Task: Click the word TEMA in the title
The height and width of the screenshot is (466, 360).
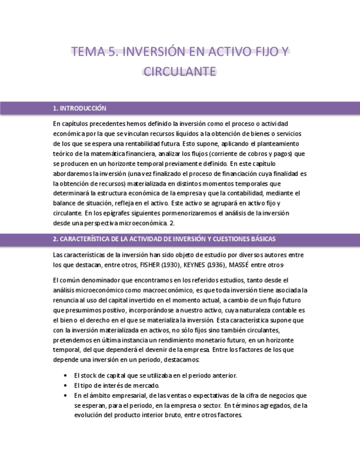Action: tap(88, 52)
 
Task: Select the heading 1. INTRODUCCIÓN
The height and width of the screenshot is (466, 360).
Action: tap(80, 108)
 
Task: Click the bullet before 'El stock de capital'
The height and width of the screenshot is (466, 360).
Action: tap(66, 375)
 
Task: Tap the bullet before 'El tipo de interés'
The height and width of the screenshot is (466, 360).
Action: tap(66, 385)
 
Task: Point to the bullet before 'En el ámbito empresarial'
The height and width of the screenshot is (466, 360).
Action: tap(66, 395)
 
